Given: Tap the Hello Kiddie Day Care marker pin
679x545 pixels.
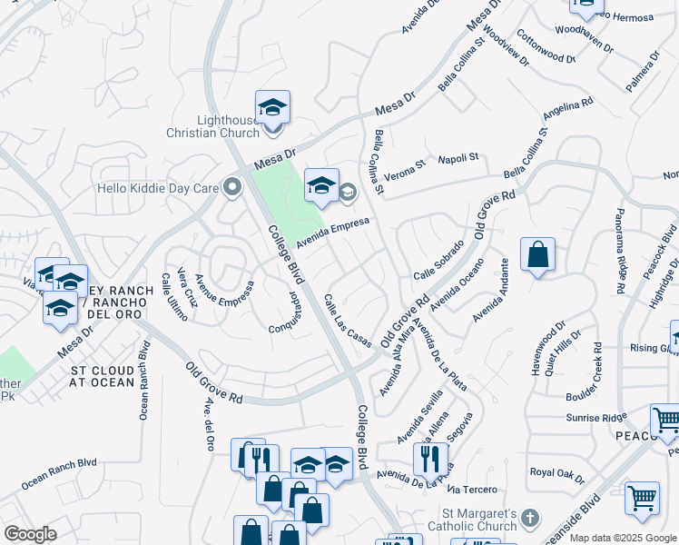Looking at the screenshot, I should coord(233,189).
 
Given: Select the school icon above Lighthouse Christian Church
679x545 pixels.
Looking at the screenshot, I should coord(272,108).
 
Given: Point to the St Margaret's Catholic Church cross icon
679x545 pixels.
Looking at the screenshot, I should coord(531,519).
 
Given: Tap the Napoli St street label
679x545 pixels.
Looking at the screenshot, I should coord(458,158).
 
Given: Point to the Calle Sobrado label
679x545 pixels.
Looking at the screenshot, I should coord(438,262).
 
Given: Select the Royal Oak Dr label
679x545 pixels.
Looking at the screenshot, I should coord(556,472).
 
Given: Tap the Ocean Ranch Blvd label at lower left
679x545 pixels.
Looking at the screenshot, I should coord(59,473).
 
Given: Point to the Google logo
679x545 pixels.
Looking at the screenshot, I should coord(30,534).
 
